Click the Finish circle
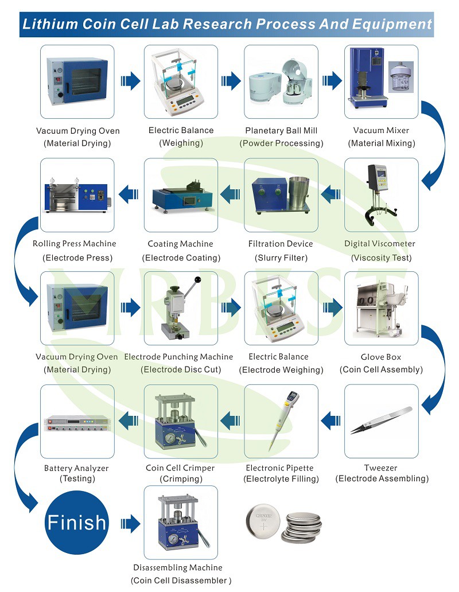(x=77, y=523)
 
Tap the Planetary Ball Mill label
(x=281, y=131)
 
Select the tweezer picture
(x=381, y=420)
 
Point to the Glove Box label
(x=381, y=357)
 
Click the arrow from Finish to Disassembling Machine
(x=130, y=524)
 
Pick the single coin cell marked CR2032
(x=263, y=523)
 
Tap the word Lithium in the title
(x=50, y=24)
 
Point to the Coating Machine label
(x=180, y=244)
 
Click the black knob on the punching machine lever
(x=197, y=280)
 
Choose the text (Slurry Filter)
(x=281, y=258)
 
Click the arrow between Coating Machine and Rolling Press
(x=129, y=194)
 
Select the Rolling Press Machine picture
(x=77, y=195)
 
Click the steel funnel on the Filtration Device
(x=299, y=193)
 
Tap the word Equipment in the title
(x=392, y=24)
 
